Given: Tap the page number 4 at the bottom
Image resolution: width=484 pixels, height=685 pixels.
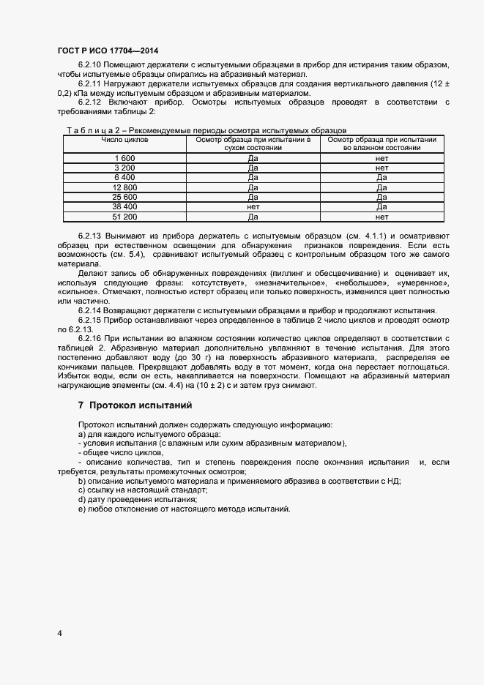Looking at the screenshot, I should pyautogui.click(x=59, y=633).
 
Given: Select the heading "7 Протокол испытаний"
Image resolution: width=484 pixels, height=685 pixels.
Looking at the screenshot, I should pyautogui.click(x=135, y=405).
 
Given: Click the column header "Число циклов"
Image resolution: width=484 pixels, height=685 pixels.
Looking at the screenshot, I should pyautogui.click(x=124, y=138).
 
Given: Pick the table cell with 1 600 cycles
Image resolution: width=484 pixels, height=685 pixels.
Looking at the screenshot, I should pyautogui.click(x=124, y=158).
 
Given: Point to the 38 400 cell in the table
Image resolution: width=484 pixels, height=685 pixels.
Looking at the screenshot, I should pyautogui.click(x=124, y=207).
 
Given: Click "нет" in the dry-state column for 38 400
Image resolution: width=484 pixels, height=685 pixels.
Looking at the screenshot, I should pyautogui.click(x=253, y=207).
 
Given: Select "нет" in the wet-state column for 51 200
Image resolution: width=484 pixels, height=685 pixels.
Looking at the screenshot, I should pyautogui.click(x=381, y=217).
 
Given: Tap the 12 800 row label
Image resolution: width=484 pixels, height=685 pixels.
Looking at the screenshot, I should pyautogui.click(x=124, y=187).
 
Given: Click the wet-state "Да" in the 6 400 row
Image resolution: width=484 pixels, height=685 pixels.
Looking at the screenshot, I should pyautogui.click(x=381, y=178).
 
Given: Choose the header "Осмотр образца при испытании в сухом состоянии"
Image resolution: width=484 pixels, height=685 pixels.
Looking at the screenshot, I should pyautogui.click(x=253, y=143).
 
